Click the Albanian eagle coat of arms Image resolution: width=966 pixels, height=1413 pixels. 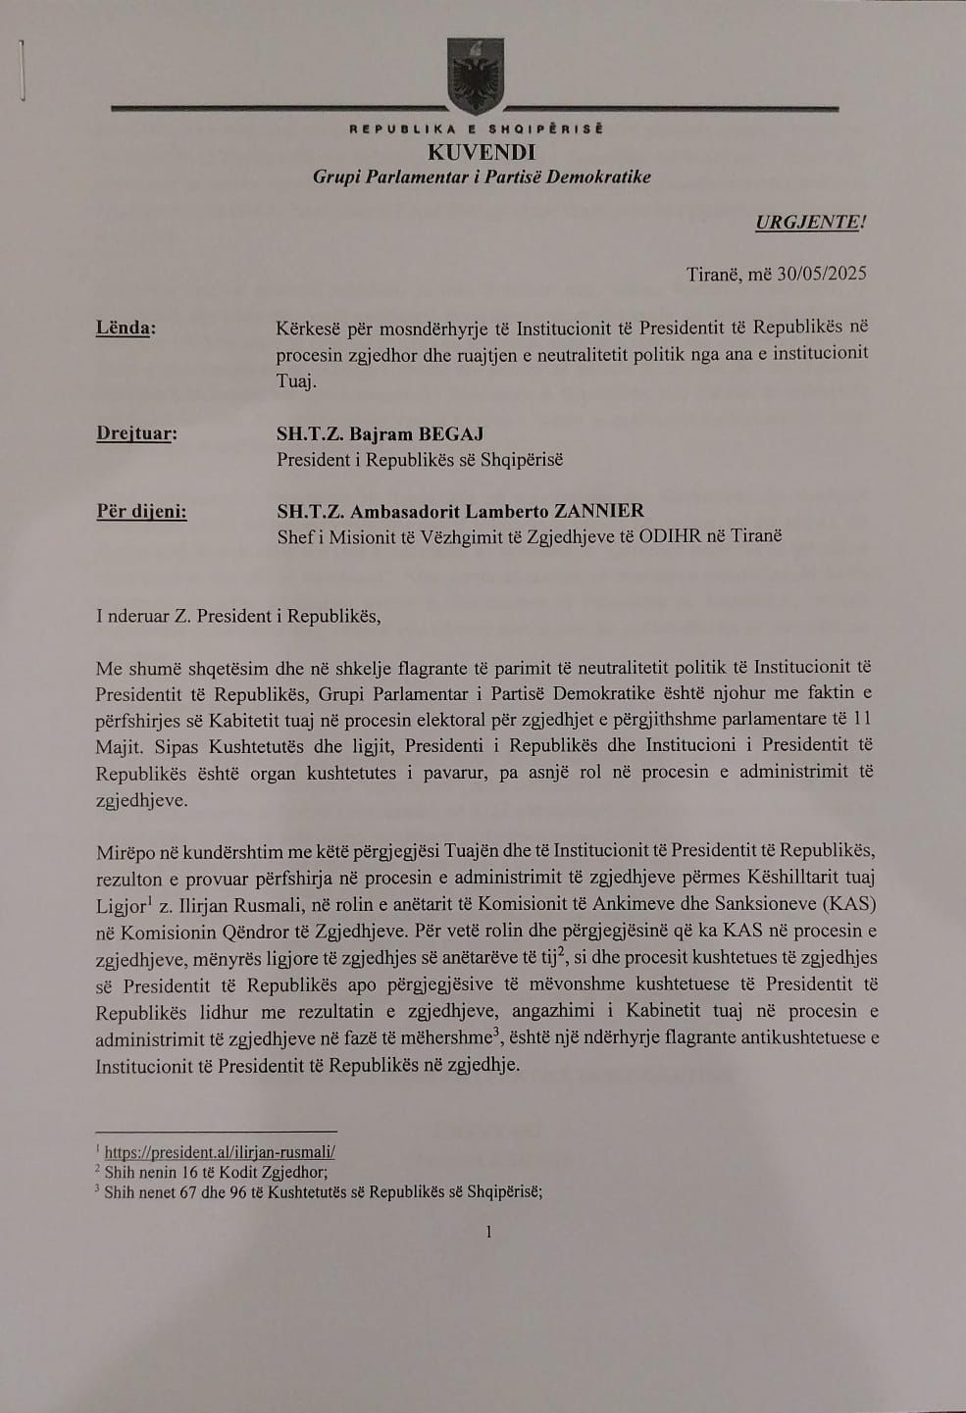(x=476, y=76)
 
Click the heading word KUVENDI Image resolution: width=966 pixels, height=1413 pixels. (x=482, y=152)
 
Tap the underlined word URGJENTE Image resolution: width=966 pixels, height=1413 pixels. (x=808, y=222)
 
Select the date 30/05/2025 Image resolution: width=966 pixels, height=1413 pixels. (x=822, y=274)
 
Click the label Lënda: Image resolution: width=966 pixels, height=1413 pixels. (x=126, y=328)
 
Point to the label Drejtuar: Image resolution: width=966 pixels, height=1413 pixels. (x=136, y=433)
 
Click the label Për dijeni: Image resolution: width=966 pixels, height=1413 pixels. (x=141, y=511)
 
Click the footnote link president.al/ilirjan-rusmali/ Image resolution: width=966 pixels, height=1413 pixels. (x=220, y=1153)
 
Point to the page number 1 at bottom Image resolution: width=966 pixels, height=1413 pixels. (x=488, y=1232)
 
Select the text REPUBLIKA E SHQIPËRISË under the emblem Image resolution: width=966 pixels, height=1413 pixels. (x=477, y=128)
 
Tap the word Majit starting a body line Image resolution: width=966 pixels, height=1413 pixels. (x=119, y=746)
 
